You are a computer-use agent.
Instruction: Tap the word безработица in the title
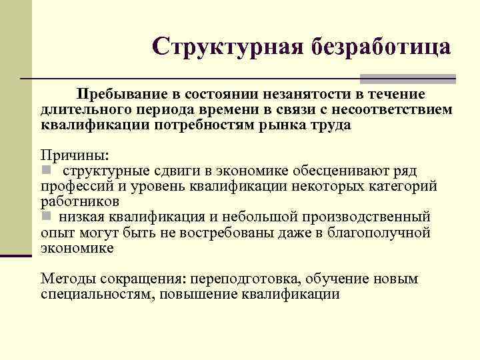click(x=375, y=47)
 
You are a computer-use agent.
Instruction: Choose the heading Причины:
click(x=73, y=156)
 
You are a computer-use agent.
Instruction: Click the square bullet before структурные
click(x=45, y=170)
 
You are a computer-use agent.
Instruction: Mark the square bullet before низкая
click(x=45, y=217)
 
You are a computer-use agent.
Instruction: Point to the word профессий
click(x=75, y=187)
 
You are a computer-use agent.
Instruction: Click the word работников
click(x=79, y=201)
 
